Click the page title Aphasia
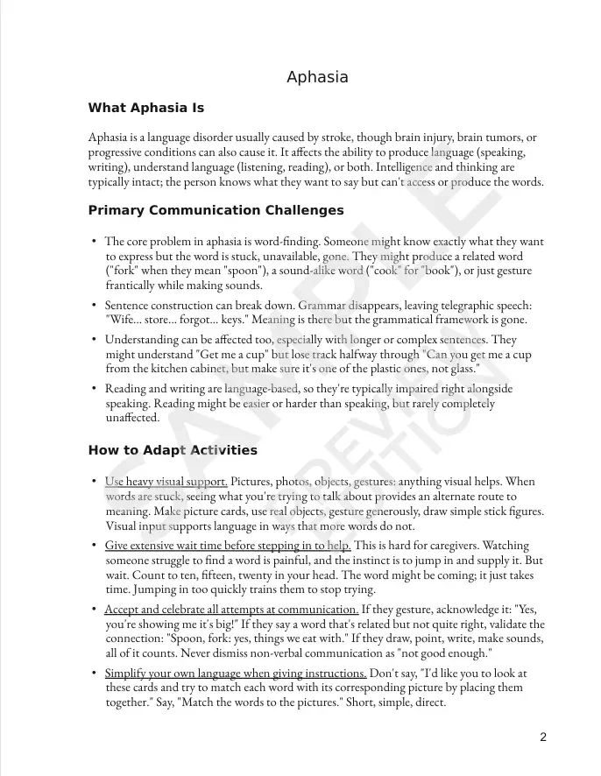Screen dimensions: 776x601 317,77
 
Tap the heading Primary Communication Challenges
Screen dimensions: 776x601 216,211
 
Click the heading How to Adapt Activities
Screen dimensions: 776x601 173,451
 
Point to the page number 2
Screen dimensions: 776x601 543,737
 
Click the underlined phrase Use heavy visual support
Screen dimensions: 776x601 166,482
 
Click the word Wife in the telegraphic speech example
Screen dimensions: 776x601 119,320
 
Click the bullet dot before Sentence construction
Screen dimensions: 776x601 94,305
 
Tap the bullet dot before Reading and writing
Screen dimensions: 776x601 94,389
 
